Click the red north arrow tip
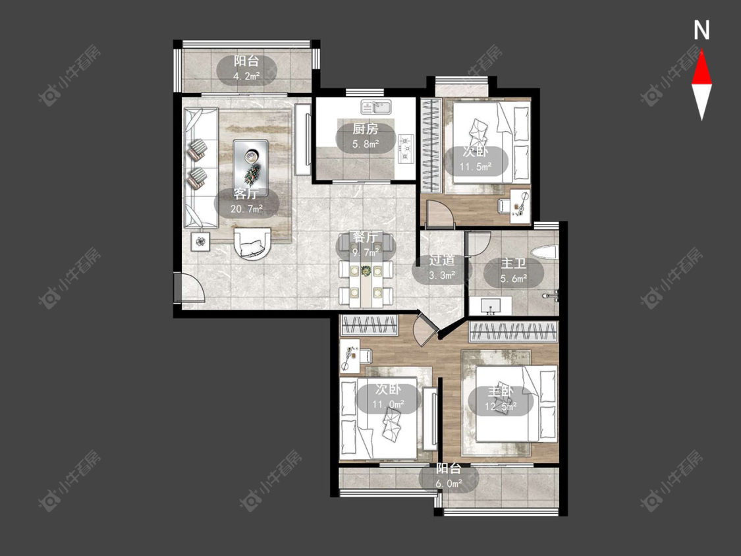coord(701,51)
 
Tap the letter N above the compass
coord(701,30)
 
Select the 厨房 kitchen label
coord(366,135)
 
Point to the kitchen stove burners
coord(406,148)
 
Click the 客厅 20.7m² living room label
coord(246,201)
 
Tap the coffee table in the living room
coord(250,168)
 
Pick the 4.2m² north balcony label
coord(246,69)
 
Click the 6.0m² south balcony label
coord(449,476)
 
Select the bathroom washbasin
coord(490,306)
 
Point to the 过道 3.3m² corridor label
coord(442,267)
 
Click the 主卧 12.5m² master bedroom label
coord(501,399)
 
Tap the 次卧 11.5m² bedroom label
coord(476,159)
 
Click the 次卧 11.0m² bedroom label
coord(389,396)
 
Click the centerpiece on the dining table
coord(366,271)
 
